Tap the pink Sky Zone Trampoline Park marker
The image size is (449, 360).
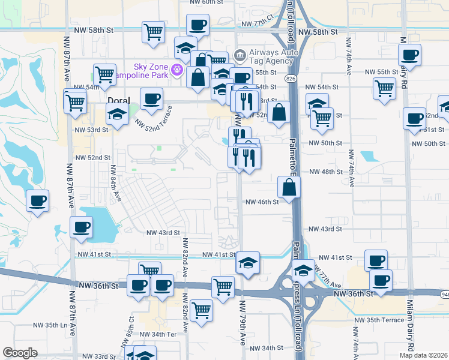176,70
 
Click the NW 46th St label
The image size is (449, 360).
262,202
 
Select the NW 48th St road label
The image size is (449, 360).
325,172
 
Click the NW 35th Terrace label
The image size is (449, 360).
379,320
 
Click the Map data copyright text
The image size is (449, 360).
424,355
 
